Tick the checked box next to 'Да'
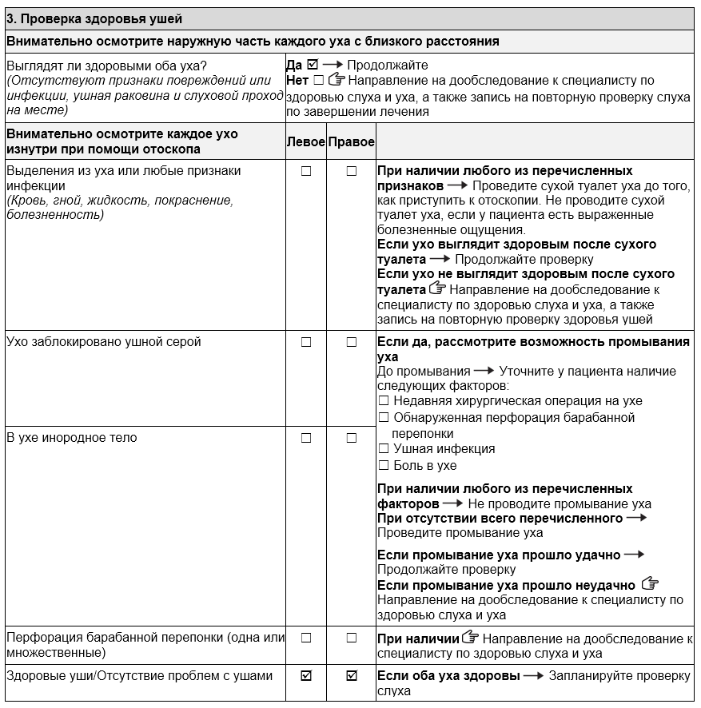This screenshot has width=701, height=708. (x=313, y=65)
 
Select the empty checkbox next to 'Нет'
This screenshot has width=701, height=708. (x=319, y=80)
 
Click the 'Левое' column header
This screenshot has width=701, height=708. (x=305, y=141)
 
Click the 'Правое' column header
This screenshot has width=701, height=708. (x=351, y=141)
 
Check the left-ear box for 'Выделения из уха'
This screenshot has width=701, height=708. (x=305, y=171)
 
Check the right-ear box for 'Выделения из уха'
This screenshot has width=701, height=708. (x=351, y=171)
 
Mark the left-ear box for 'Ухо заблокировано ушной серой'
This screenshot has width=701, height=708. (x=305, y=342)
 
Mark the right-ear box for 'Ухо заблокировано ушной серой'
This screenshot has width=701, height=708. (x=351, y=342)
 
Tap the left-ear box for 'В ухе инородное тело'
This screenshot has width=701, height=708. (x=305, y=438)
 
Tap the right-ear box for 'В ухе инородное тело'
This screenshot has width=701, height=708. (x=351, y=438)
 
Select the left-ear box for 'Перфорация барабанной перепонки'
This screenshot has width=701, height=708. (x=305, y=638)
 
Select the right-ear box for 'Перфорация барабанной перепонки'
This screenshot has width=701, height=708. (x=351, y=638)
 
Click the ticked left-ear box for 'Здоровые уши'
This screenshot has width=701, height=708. (x=305, y=676)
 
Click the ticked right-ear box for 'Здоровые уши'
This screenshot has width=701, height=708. (x=351, y=676)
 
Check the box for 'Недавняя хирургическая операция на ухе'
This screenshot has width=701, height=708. (x=383, y=401)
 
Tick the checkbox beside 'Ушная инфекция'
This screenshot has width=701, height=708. (x=383, y=449)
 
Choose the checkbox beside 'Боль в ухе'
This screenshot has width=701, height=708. (x=383, y=465)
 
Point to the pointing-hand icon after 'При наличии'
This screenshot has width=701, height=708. (x=471, y=638)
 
